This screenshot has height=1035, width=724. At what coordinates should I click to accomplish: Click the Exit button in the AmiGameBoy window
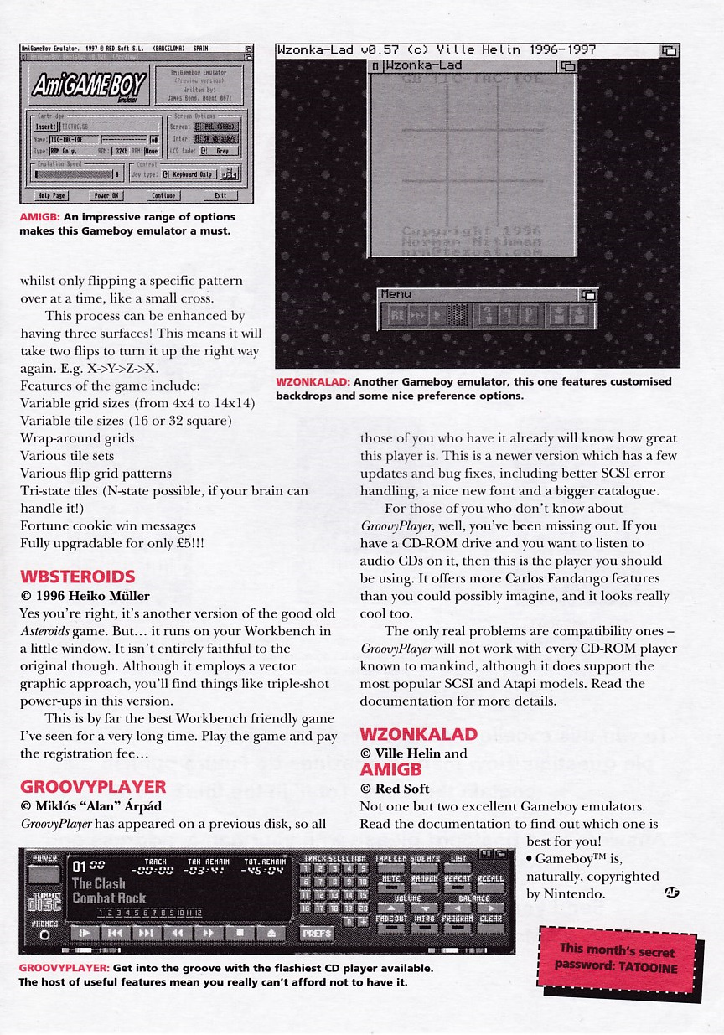point(220,196)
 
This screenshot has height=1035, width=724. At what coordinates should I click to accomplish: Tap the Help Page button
point(52,196)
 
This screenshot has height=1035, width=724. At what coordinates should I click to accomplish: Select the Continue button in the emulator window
point(163,196)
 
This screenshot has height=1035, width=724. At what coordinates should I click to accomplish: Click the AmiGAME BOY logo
point(88,85)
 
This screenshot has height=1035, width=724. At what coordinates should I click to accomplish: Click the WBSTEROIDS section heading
point(77,577)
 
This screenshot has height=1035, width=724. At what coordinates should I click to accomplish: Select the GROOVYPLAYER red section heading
point(93,787)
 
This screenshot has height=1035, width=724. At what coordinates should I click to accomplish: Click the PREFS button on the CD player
point(317,933)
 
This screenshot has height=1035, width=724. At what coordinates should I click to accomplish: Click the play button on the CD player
point(84,933)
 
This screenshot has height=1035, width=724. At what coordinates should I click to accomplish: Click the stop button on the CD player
point(240,933)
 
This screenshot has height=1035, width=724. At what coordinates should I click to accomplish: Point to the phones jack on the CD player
point(44,934)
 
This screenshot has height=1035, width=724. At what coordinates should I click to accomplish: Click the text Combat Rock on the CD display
point(109,898)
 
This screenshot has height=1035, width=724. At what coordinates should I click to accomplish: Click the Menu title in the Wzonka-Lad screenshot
point(396,294)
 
